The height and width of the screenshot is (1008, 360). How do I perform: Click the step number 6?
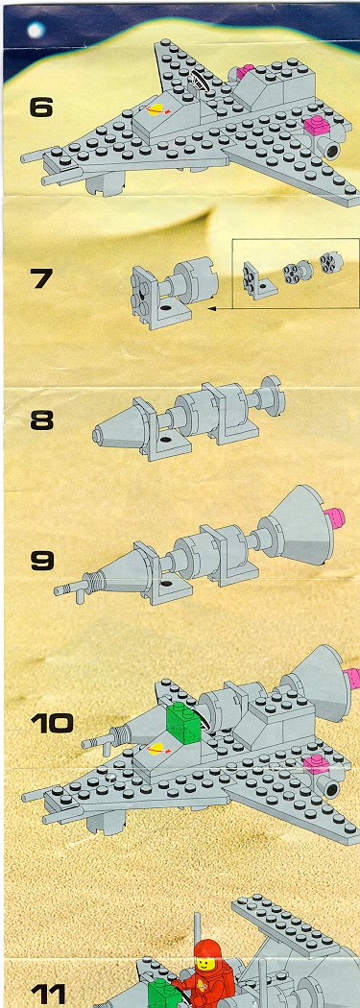[x=41, y=107]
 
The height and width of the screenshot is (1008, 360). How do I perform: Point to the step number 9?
[x=42, y=561]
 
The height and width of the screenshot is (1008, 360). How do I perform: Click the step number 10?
[x=52, y=723]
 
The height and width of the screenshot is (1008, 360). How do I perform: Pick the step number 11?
[x=48, y=996]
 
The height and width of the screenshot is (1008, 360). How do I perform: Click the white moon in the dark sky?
[x=35, y=30]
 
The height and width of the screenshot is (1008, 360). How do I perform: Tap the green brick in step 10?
[x=184, y=724]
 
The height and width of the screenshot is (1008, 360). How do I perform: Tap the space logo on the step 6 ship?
[x=156, y=110]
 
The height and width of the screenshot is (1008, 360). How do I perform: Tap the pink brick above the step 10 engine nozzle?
[x=316, y=764]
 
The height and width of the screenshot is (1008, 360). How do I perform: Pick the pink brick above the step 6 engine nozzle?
[x=316, y=126]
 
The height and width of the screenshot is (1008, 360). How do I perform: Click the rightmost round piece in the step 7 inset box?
[x=330, y=262]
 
